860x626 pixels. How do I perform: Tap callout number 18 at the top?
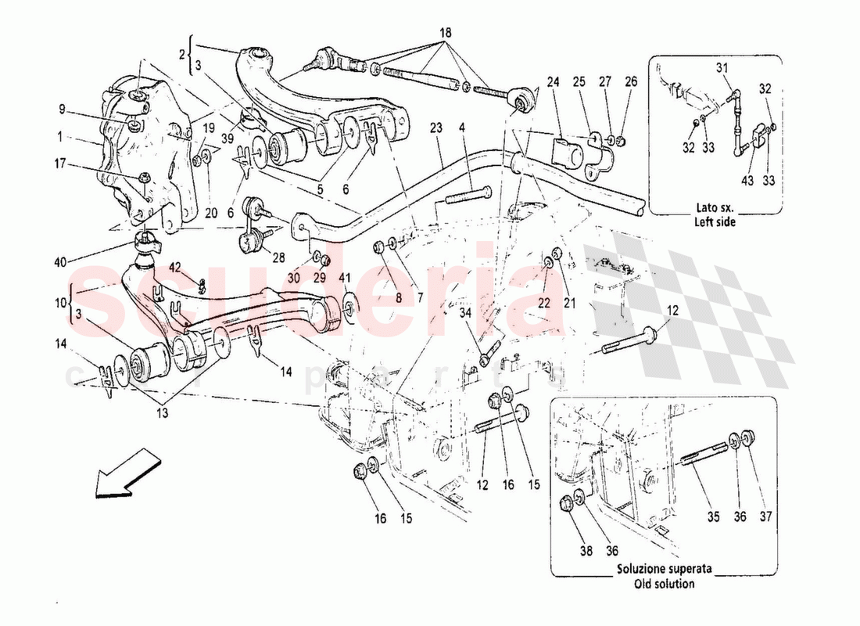[x=445, y=34]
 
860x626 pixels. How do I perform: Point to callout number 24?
[x=554, y=81]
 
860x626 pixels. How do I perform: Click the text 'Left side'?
[x=715, y=222]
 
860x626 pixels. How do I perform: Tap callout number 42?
[x=175, y=266]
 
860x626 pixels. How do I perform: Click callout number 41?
[x=345, y=278]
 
